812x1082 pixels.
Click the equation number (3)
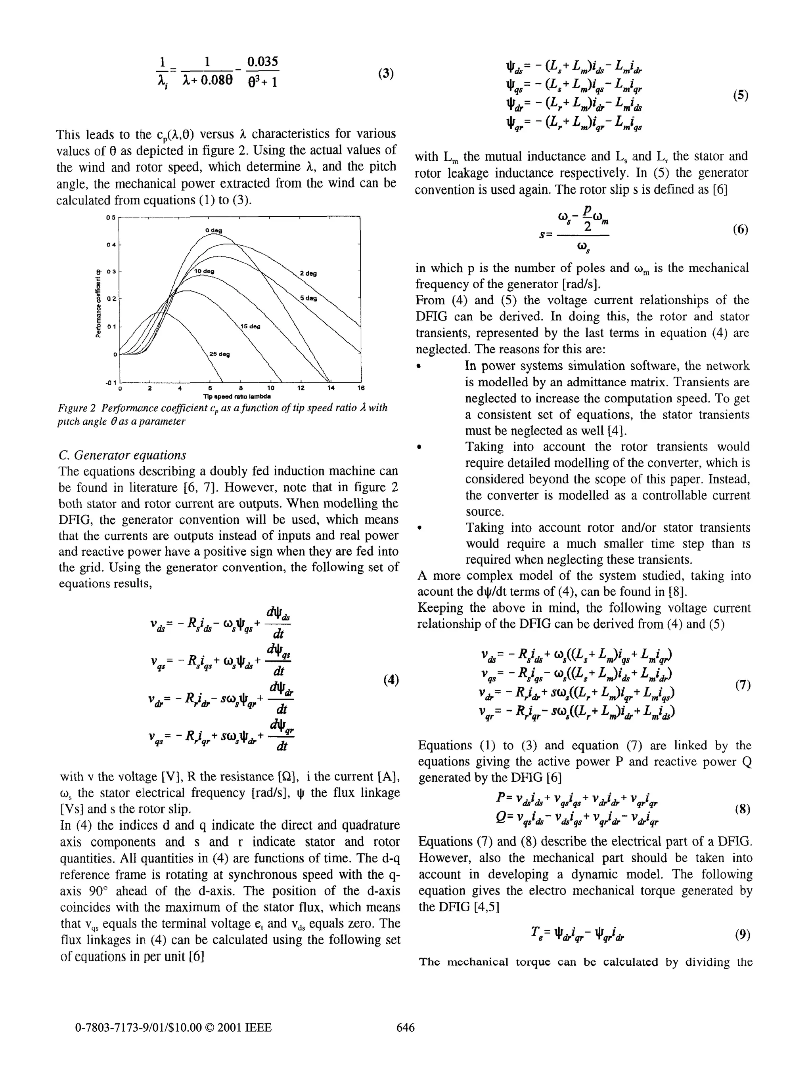click(386, 73)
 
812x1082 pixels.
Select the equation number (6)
click(741, 229)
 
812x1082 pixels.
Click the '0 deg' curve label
click(213, 230)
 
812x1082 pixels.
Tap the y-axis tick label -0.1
click(111, 382)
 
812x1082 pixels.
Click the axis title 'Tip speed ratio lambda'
click(237, 396)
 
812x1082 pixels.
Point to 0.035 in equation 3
click(263, 62)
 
